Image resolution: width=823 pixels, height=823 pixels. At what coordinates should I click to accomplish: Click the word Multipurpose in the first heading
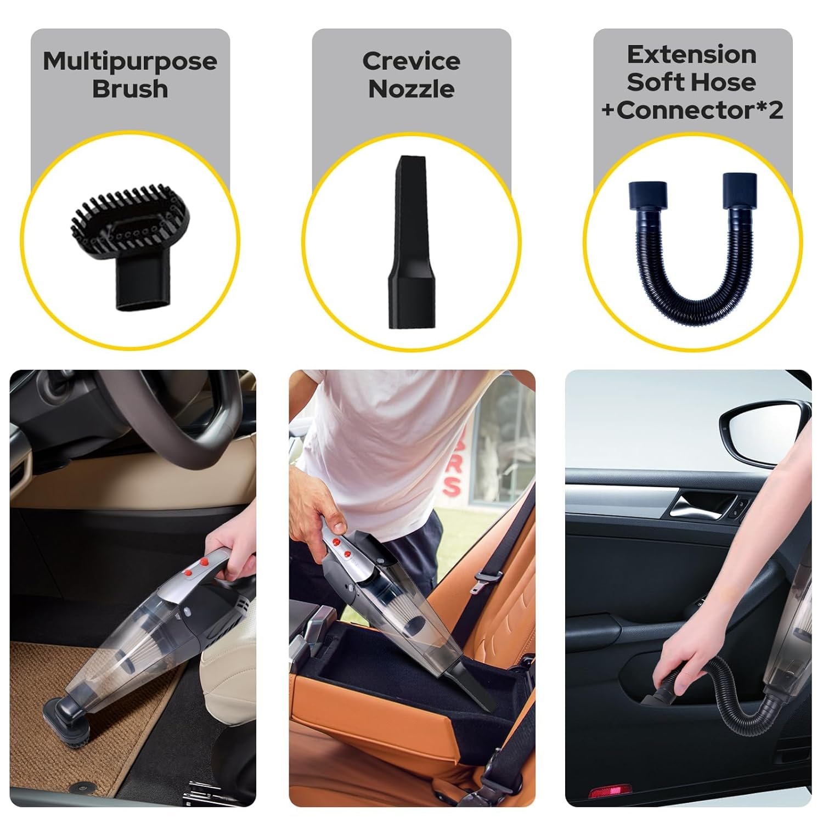click(130, 61)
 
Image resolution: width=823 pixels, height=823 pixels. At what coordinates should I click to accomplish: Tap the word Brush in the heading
click(130, 88)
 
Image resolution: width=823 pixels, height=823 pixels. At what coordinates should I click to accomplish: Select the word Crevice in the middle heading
click(411, 61)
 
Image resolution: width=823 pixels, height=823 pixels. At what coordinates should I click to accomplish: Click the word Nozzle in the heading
click(411, 88)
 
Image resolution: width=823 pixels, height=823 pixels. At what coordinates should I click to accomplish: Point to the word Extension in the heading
click(692, 54)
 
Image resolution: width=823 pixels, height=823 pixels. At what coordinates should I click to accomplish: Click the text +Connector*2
click(692, 110)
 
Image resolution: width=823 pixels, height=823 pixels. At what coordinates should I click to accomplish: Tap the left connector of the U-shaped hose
click(649, 195)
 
